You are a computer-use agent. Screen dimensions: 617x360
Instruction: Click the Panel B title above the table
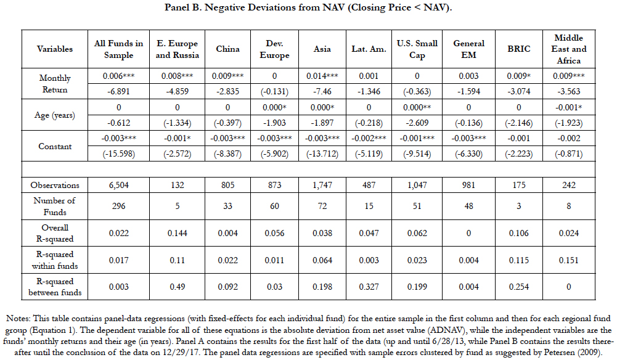[308, 7]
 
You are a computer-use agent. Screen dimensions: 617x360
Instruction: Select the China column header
[228, 49]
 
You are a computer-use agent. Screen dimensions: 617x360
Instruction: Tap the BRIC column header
[518, 49]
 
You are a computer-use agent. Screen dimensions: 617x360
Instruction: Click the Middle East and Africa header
[568, 49]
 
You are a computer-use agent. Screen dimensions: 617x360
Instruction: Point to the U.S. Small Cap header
[417, 49]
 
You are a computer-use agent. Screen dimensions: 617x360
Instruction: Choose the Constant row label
[55, 146]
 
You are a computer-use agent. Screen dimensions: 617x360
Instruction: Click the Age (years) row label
[55, 115]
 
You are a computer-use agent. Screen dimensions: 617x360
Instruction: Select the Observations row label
[55, 186]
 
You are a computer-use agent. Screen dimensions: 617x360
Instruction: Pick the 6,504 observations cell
[118, 186]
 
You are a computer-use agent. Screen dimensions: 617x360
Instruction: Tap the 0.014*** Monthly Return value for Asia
[322, 76]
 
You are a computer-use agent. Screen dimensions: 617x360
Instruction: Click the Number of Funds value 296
[118, 206]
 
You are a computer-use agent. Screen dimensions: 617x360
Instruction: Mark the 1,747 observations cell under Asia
[322, 186]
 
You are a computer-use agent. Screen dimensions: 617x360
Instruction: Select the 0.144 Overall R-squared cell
[177, 233]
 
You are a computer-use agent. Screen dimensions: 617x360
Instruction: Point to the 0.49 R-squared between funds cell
[177, 287]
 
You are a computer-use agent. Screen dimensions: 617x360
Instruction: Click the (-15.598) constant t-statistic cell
[118, 154]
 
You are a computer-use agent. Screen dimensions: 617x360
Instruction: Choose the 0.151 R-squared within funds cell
[568, 261]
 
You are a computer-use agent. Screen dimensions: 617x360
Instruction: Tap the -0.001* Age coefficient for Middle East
[568, 107]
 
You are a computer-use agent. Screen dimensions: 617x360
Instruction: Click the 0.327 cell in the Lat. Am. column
[369, 287]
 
